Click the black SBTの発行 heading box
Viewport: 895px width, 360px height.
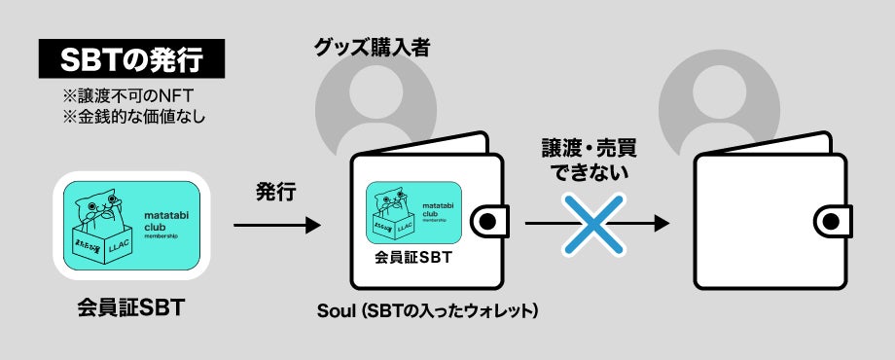(x=131, y=60)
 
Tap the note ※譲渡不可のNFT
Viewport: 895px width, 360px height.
(x=116, y=97)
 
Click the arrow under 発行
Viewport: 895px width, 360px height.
(x=276, y=225)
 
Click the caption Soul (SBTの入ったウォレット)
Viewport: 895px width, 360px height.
(x=428, y=311)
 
